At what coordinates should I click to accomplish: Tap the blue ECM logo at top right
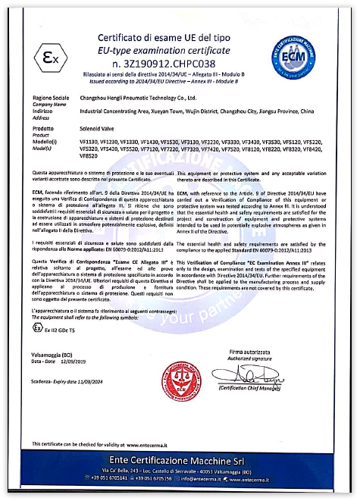[x=299, y=48]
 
